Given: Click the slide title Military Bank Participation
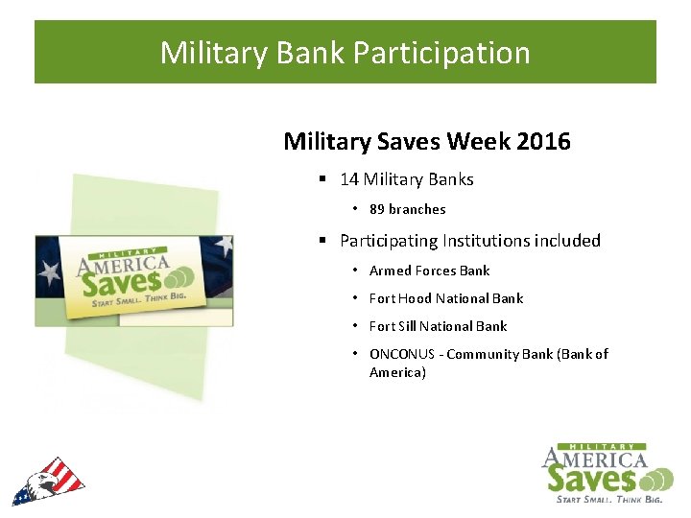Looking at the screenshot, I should point(345,52).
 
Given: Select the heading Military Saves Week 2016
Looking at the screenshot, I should point(426,142).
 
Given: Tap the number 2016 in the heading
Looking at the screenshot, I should point(543,142).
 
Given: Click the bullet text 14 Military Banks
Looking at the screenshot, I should point(406,179).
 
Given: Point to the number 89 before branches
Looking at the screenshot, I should point(376,209).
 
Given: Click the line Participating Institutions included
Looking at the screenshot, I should point(469,241).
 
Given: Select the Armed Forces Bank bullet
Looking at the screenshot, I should point(429,271).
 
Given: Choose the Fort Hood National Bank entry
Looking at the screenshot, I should point(446,298).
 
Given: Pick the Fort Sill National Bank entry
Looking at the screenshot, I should point(438,326).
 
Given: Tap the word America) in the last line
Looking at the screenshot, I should point(397,372).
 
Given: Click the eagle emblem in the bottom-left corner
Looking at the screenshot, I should point(48,482).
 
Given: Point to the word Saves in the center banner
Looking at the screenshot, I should point(119,281).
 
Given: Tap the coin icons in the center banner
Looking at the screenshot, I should point(179,278).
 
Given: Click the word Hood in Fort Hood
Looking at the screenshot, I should point(418,298).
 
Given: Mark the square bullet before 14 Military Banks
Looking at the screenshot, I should point(324,180).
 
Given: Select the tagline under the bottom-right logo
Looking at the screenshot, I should point(609,499).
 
